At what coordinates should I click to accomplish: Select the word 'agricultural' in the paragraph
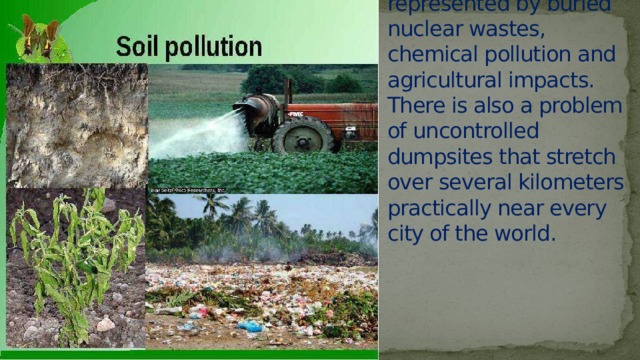[441, 79]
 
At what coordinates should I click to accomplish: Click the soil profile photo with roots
[76, 124]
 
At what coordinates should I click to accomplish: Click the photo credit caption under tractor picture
[187, 189]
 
